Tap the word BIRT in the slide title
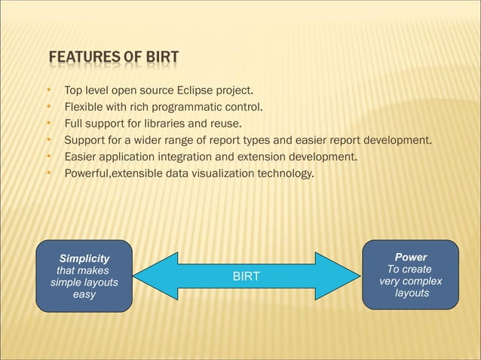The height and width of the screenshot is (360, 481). click(x=161, y=58)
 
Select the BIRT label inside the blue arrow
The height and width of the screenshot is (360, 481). click(x=246, y=276)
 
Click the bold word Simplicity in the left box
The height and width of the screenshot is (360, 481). click(x=84, y=258)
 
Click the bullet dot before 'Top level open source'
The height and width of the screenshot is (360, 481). click(x=49, y=92)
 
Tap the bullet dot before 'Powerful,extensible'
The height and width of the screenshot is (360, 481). click(x=49, y=174)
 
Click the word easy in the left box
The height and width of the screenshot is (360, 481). click(x=84, y=294)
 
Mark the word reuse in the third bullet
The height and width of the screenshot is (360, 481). click(x=223, y=123)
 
